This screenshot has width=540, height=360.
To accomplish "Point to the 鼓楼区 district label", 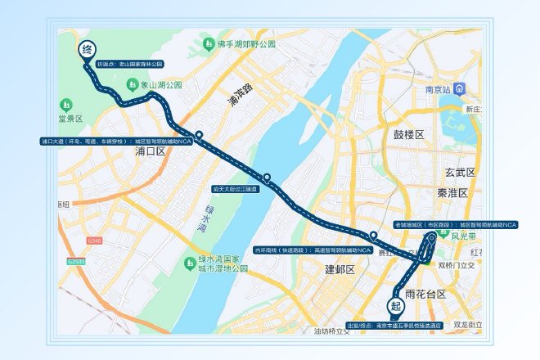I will tap(409, 134).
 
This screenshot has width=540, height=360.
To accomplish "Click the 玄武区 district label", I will tap(461, 173).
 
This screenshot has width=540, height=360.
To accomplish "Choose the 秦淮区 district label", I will tap(451, 193).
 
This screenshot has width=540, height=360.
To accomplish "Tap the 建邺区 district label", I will tap(340, 269).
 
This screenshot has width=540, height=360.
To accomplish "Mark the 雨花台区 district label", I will tap(425, 294).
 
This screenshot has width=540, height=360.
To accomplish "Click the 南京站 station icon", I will tap(461, 88).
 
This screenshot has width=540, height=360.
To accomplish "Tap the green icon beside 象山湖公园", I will tap(131, 84).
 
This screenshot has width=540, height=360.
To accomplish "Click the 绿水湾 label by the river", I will tap(201, 218).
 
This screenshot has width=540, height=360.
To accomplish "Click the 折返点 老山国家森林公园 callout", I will tap(131, 63).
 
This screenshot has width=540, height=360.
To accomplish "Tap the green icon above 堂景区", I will tap(66, 105).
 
